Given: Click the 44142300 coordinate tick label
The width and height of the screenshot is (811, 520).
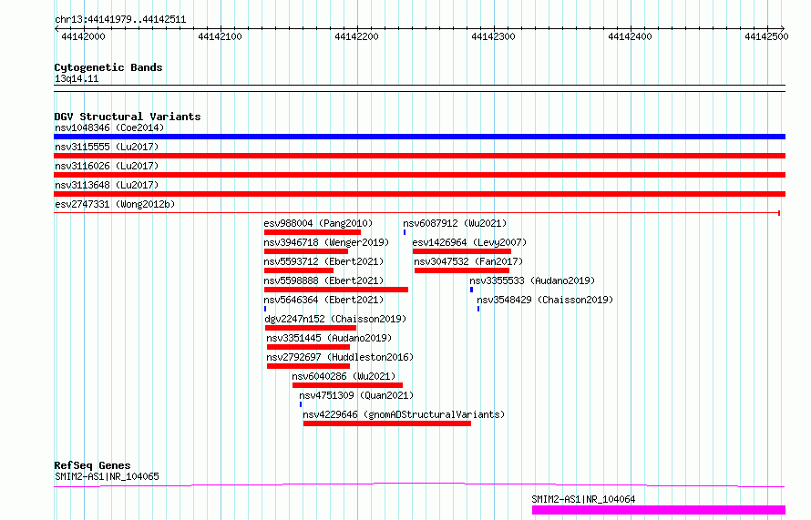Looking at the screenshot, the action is [493, 36].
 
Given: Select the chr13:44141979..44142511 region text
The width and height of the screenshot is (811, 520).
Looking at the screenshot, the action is [120, 20].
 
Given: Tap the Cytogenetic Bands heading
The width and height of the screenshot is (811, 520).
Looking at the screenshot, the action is [108, 67].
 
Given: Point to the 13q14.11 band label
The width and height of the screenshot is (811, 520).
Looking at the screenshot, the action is [77, 78].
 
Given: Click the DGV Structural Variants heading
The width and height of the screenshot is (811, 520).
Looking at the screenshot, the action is [128, 117].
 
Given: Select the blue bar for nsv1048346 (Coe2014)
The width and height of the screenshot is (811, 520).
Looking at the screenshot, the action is [419, 137].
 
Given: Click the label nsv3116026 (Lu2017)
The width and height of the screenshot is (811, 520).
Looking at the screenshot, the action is [107, 166].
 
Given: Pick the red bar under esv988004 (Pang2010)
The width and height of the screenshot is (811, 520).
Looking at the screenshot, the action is [313, 232].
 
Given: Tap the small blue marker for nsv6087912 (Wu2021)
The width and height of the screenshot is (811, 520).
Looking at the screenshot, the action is [405, 232].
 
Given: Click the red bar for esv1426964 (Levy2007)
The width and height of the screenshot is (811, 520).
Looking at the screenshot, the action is [462, 251].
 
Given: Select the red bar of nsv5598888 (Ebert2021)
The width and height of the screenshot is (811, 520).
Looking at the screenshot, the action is [336, 290].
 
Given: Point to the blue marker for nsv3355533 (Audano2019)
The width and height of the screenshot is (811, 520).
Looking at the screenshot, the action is [471, 290].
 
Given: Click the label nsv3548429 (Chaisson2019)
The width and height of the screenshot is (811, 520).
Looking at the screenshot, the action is [545, 300].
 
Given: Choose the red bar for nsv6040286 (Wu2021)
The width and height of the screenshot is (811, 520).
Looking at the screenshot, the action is [347, 385].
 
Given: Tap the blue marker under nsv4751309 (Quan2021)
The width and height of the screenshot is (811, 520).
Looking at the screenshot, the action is [301, 404].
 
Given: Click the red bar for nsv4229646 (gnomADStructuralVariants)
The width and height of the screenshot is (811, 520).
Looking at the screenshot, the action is [387, 423].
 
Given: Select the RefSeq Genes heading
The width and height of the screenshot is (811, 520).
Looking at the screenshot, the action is [92, 465].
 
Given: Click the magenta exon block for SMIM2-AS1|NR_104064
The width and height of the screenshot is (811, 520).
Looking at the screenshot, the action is [659, 510].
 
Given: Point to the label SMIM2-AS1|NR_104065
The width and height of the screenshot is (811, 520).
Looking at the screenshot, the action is [107, 476].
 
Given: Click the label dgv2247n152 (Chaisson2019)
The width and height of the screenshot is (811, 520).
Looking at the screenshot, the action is [335, 319].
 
